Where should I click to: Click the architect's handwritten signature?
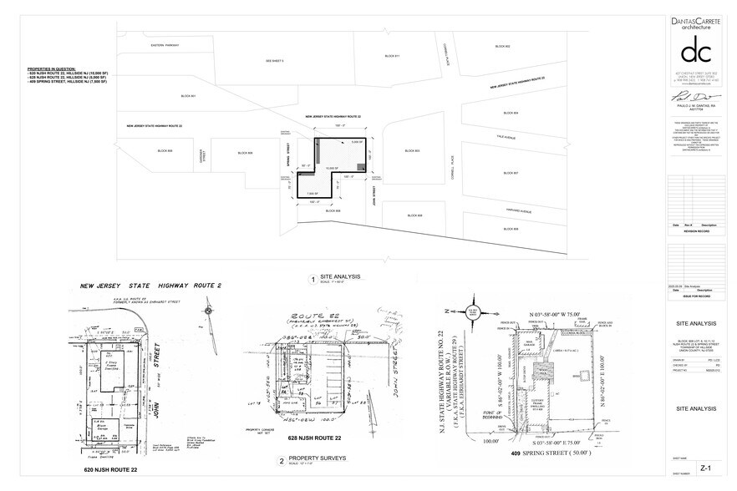(x=689, y=97)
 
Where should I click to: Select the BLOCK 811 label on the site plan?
(x=392, y=56)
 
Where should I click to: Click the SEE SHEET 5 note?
(x=275, y=61)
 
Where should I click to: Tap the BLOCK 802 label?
(x=502, y=46)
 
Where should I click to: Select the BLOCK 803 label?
(x=412, y=151)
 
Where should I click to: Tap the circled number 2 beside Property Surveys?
(x=281, y=461)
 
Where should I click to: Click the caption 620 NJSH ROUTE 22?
(x=106, y=472)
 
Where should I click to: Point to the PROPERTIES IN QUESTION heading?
(x=52, y=67)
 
